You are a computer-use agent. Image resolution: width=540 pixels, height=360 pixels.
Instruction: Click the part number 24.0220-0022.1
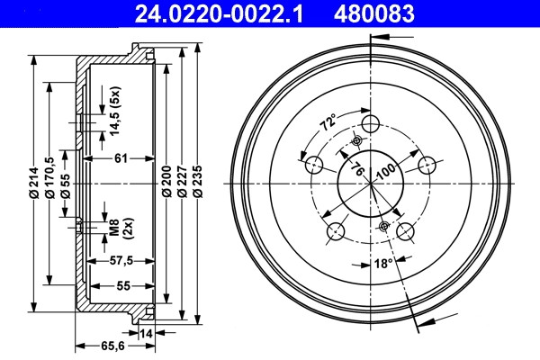[x=219, y=13]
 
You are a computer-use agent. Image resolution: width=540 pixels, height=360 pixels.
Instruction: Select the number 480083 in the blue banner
[x=373, y=13]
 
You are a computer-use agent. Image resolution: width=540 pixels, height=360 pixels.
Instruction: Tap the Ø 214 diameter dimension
[x=33, y=183]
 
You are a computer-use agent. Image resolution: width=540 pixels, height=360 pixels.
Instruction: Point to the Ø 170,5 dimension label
[x=49, y=177]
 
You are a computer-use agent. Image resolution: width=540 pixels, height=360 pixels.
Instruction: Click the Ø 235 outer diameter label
[x=198, y=181]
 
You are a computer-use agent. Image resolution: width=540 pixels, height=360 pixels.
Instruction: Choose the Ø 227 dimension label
[x=182, y=181]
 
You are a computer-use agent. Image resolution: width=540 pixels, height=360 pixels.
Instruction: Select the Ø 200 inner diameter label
[x=166, y=181]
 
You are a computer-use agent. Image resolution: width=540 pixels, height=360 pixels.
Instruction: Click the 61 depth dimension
[x=121, y=158]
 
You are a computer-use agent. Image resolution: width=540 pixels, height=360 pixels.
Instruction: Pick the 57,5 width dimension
[x=121, y=261]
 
